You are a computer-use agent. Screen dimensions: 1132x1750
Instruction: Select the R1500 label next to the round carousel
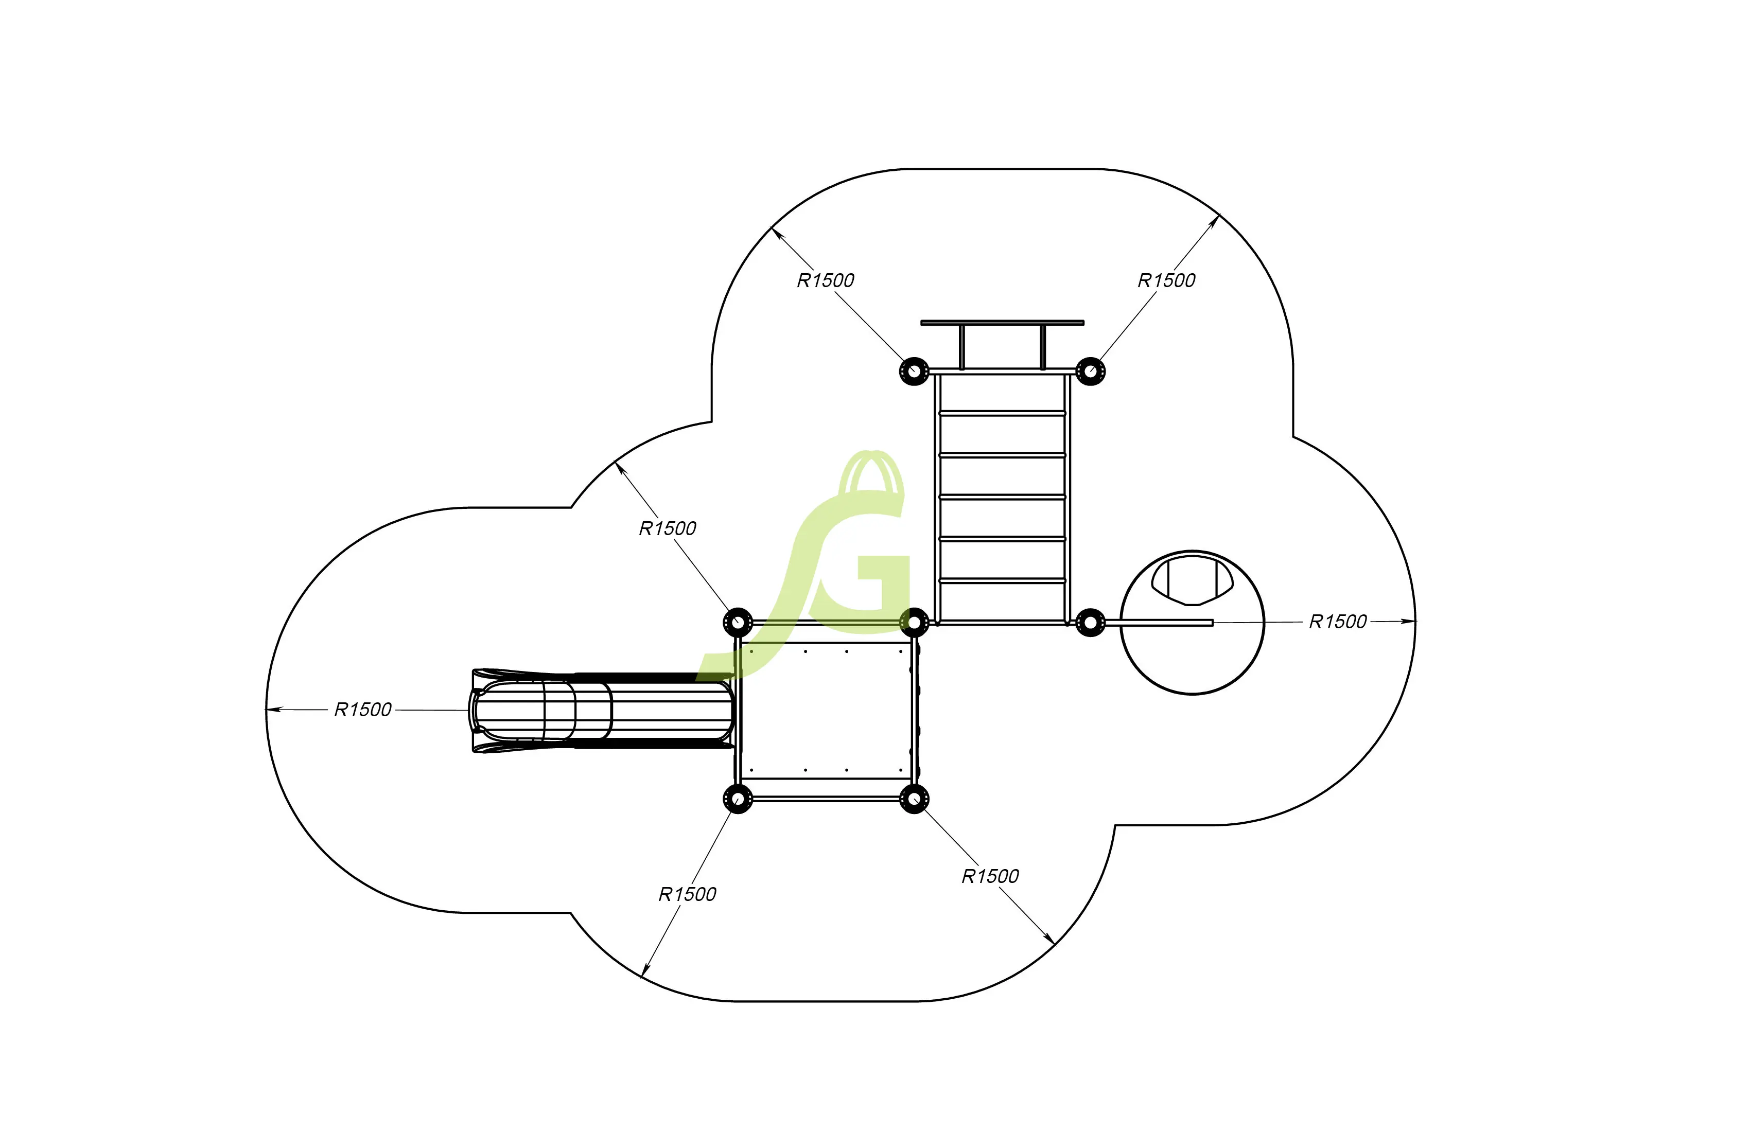(x=1338, y=623)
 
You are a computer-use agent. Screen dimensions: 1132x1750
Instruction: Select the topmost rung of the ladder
(x=1002, y=414)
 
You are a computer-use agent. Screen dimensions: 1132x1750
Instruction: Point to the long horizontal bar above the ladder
(x=1002, y=323)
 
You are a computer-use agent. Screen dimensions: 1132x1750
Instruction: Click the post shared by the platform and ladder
(x=914, y=623)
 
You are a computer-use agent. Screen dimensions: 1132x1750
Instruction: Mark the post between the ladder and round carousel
(x=1091, y=623)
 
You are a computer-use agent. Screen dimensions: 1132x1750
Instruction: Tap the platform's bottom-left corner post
(x=738, y=798)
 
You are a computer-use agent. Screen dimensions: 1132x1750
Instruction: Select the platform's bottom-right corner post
(x=914, y=798)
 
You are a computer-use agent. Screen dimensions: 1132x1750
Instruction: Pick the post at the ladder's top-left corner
(x=914, y=371)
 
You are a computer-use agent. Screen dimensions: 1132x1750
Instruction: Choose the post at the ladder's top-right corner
(x=1091, y=371)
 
